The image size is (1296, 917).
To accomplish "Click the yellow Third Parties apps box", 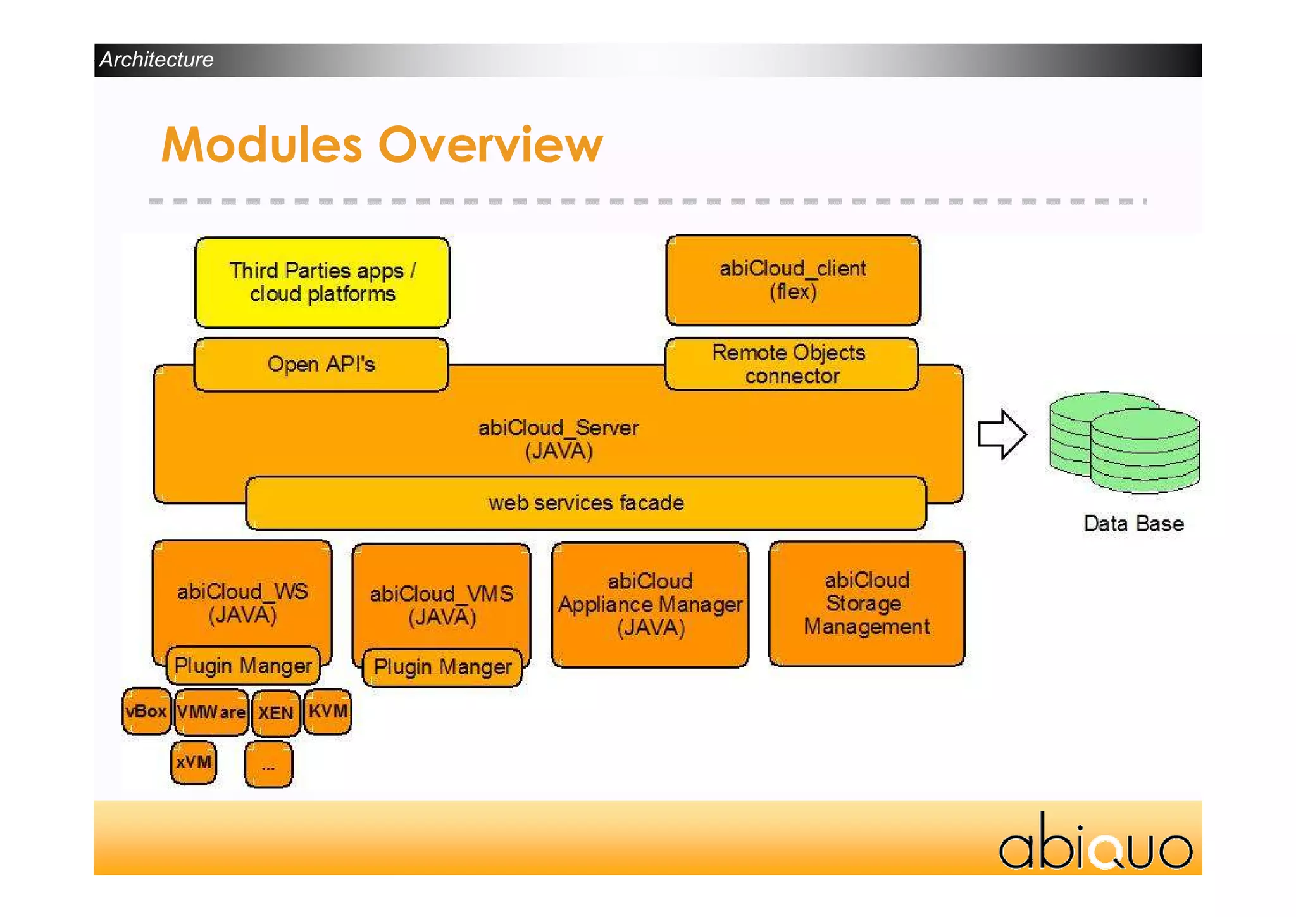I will pyautogui.click(x=322, y=282).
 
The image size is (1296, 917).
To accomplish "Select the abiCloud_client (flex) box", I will pyautogui.click(x=793, y=281).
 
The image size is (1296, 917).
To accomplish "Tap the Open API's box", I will pyautogui.click(x=321, y=365).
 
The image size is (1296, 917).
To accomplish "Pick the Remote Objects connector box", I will pyautogui.click(x=790, y=364).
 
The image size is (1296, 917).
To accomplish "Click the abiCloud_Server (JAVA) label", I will pyautogui.click(x=558, y=439).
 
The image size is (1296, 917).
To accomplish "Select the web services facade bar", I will pyautogui.click(x=586, y=503).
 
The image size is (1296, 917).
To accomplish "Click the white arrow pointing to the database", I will pyautogui.click(x=1002, y=434).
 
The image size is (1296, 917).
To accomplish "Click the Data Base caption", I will pyautogui.click(x=1133, y=524).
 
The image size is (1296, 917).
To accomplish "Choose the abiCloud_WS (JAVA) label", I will pyautogui.click(x=242, y=602).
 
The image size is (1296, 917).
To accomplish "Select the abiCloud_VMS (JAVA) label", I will pyautogui.click(x=442, y=605).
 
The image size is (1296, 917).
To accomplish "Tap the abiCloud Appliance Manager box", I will pyautogui.click(x=650, y=605).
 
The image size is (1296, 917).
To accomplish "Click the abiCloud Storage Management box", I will pyautogui.click(x=866, y=604).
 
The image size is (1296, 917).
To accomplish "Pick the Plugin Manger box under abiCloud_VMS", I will pyautogui.click(x=442, y=667).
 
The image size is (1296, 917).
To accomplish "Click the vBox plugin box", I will pyautogui.click(x=146, y=711).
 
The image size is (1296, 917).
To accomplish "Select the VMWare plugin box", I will pyautogui.click(x=211, y=712).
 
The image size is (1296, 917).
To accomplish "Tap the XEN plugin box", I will pyautogui.click(x=275, y=713).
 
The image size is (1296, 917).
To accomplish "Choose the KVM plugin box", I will pyautogui.click(x=327, y=711).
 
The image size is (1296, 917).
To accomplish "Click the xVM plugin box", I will pyautogui.click(x=194, y=762).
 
